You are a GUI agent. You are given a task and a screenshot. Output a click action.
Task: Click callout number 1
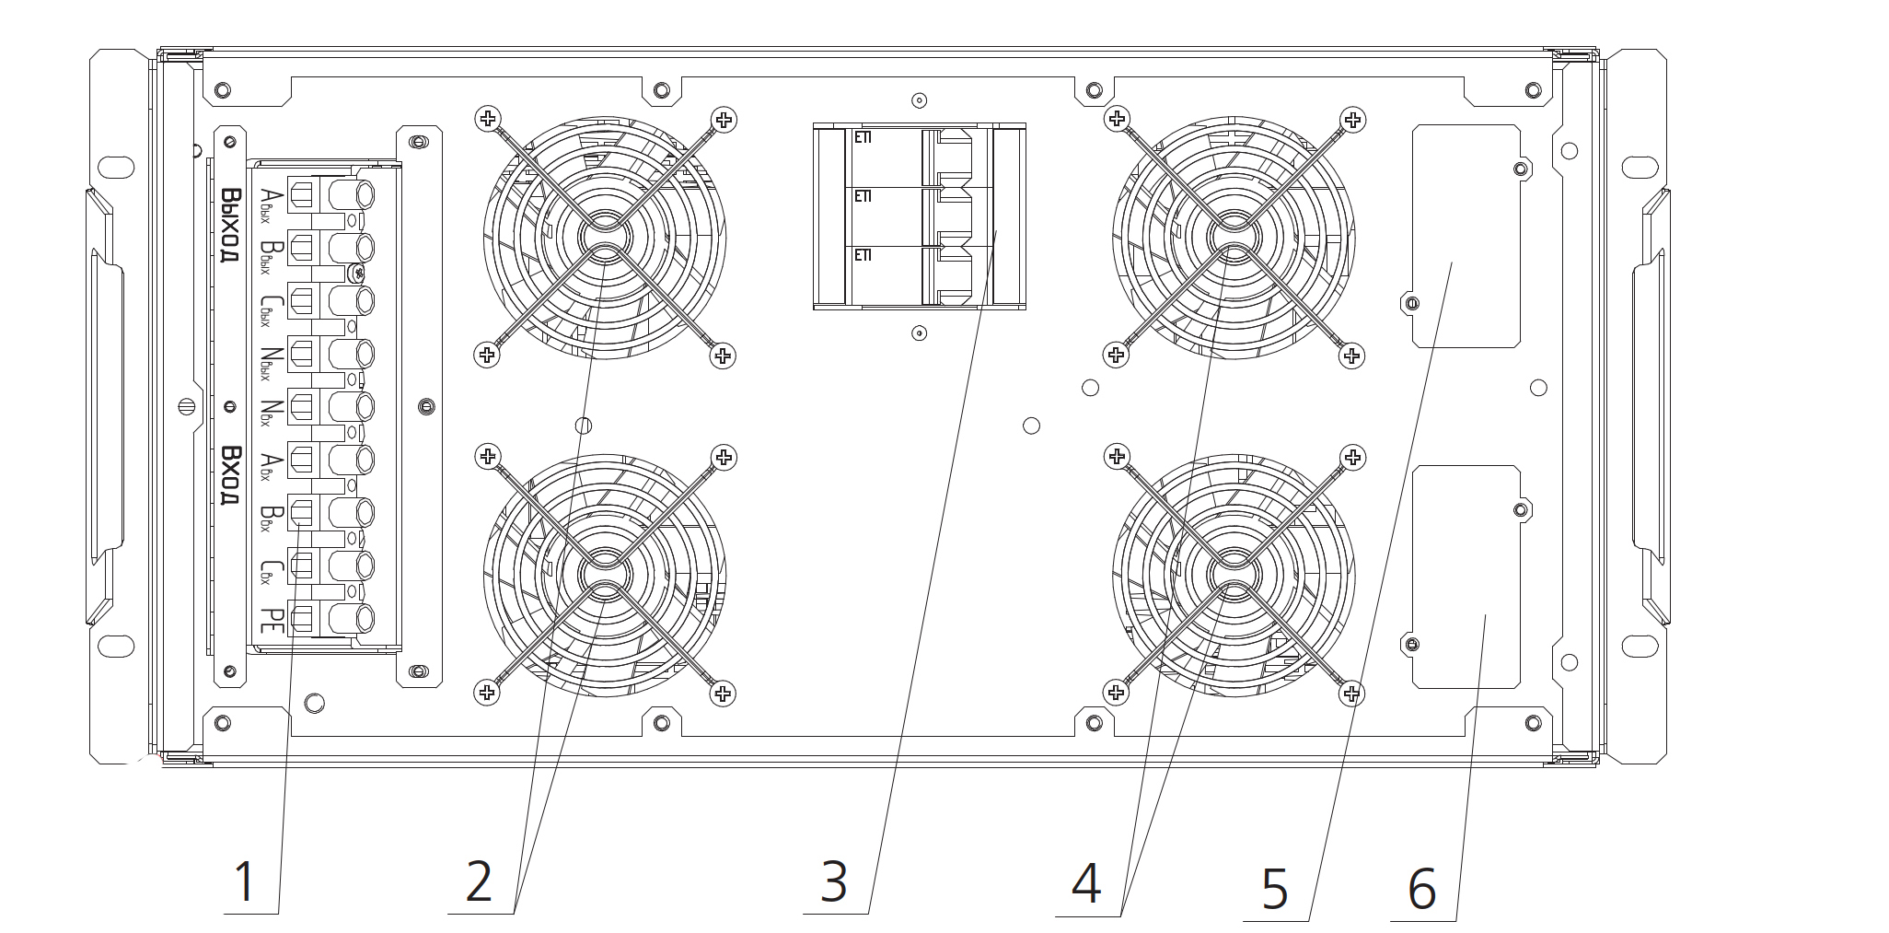[244, 881]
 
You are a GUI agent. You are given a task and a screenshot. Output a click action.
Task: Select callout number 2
[479, 881]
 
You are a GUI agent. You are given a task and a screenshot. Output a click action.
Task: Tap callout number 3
[834, 881]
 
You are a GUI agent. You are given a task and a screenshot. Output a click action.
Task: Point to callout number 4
[1086, 883]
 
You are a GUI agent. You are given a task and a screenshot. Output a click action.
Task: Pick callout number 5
[1275, 889]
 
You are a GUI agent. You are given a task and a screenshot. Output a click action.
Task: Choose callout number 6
[1422, 889]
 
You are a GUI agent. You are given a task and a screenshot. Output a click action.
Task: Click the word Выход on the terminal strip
[230, 226]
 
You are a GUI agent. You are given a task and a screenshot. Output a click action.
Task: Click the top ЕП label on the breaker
[863, 138]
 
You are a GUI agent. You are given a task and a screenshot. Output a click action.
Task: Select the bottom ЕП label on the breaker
[863, 255]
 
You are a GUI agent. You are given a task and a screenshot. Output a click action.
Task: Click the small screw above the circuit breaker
[918, 100]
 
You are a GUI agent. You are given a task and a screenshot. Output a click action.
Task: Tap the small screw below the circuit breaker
[918, 332]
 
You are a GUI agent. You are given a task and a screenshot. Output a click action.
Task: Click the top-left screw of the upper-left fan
[488, 118]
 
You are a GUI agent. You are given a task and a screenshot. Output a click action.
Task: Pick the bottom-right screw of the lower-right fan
[1351, 692]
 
